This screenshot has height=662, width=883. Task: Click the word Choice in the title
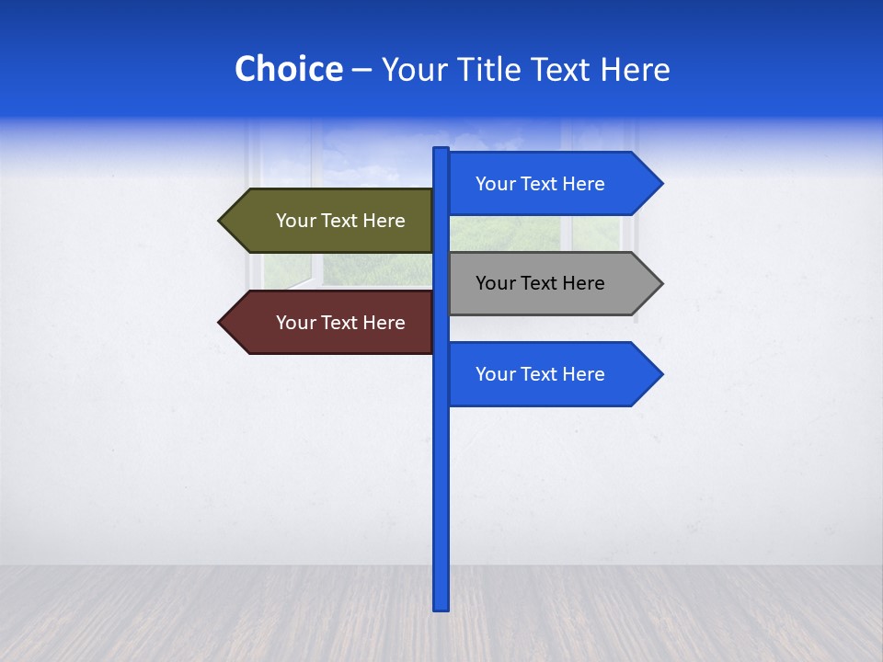click(288, 69)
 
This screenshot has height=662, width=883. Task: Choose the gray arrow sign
click(543, 283)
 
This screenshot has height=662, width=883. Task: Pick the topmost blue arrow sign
click(543, 184)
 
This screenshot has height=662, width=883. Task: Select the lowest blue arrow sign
click(543, 374)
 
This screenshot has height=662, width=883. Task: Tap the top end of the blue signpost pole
click(441, 150)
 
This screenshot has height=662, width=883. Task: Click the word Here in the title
click(635, 69)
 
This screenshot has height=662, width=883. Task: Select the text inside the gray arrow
click(540, 283)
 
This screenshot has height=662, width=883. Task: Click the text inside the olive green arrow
click(340, 221)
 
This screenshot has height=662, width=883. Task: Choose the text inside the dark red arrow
click(340, 323)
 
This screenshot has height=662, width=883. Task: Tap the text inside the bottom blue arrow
click(540, 374)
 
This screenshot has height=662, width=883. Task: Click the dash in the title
click(361, 70)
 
